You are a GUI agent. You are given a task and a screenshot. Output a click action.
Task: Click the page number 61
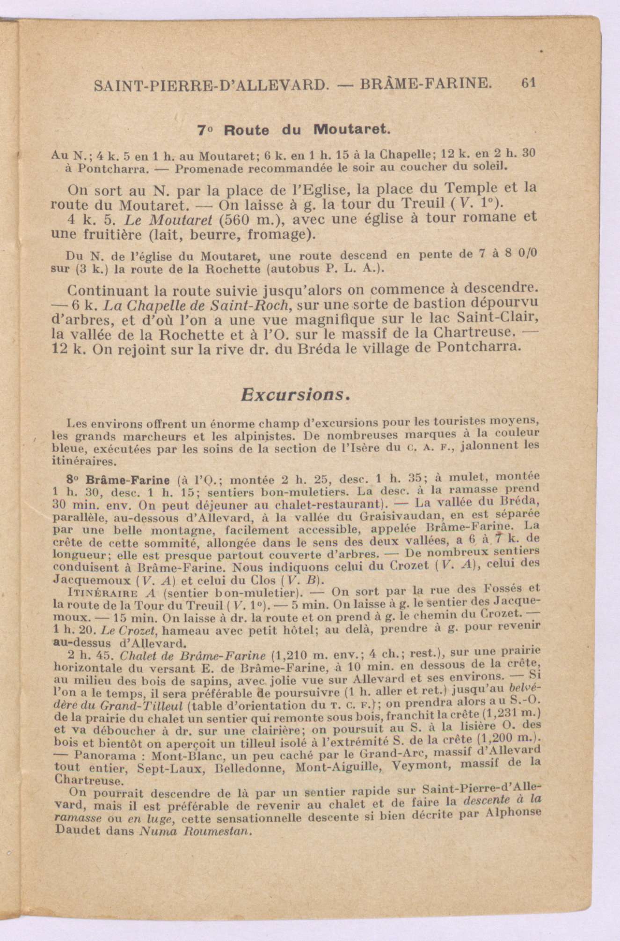point(529,83)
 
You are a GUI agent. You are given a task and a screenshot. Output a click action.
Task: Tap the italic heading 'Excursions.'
point(296,395)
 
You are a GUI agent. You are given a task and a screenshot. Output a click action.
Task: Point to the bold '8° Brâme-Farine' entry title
point(120,480)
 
